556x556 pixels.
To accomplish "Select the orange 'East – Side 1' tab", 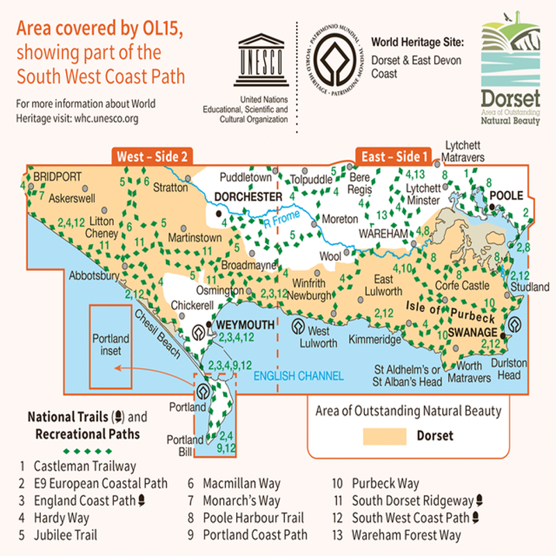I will pyautogui.click(x=394, y=156).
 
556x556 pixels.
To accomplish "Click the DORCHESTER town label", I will pyautogui.click(x=248, y=197).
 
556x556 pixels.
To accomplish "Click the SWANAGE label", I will pyautogui.click(x=473, y=332).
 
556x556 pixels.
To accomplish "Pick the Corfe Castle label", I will pyautogui.click(x=462, y=285).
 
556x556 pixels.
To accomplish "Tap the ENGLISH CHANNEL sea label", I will pyautogui.click(x=298, y=376).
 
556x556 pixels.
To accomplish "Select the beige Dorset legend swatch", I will pyautogui.click(x=384, y=436).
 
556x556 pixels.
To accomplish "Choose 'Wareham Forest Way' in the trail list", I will pyautogui.click(x=406, y=535).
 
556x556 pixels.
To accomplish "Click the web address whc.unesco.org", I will pyautogui.click(x=95, y=118).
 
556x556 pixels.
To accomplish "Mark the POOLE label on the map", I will pyautogui.click(x=507, y=196).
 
